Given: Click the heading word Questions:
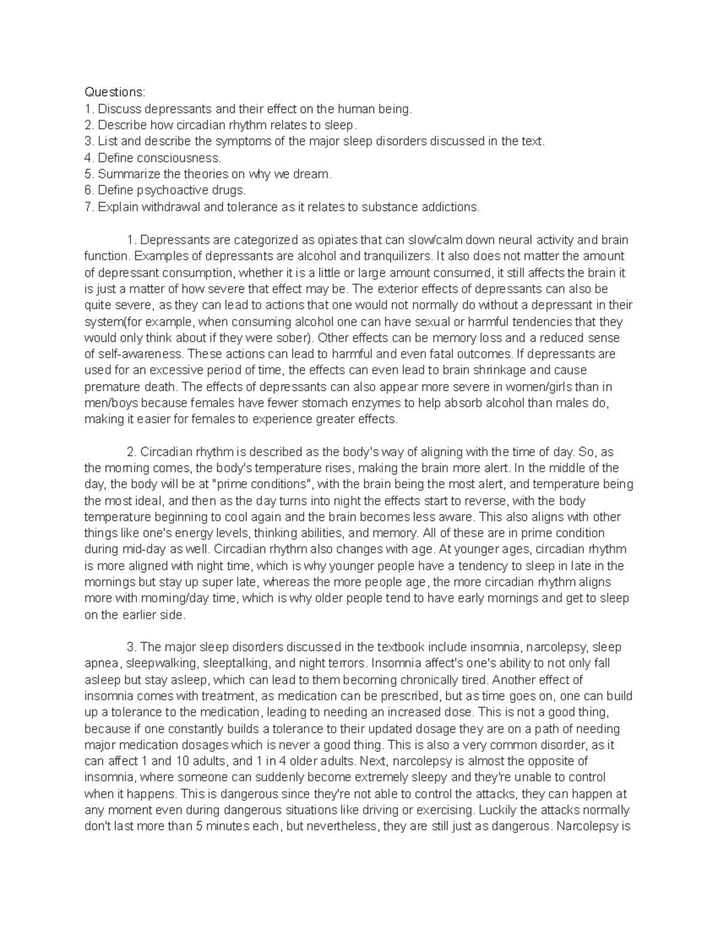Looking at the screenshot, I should pos(114,92).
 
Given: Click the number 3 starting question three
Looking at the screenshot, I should pos(88,141).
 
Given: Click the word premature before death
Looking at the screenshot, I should pos(111,386).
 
